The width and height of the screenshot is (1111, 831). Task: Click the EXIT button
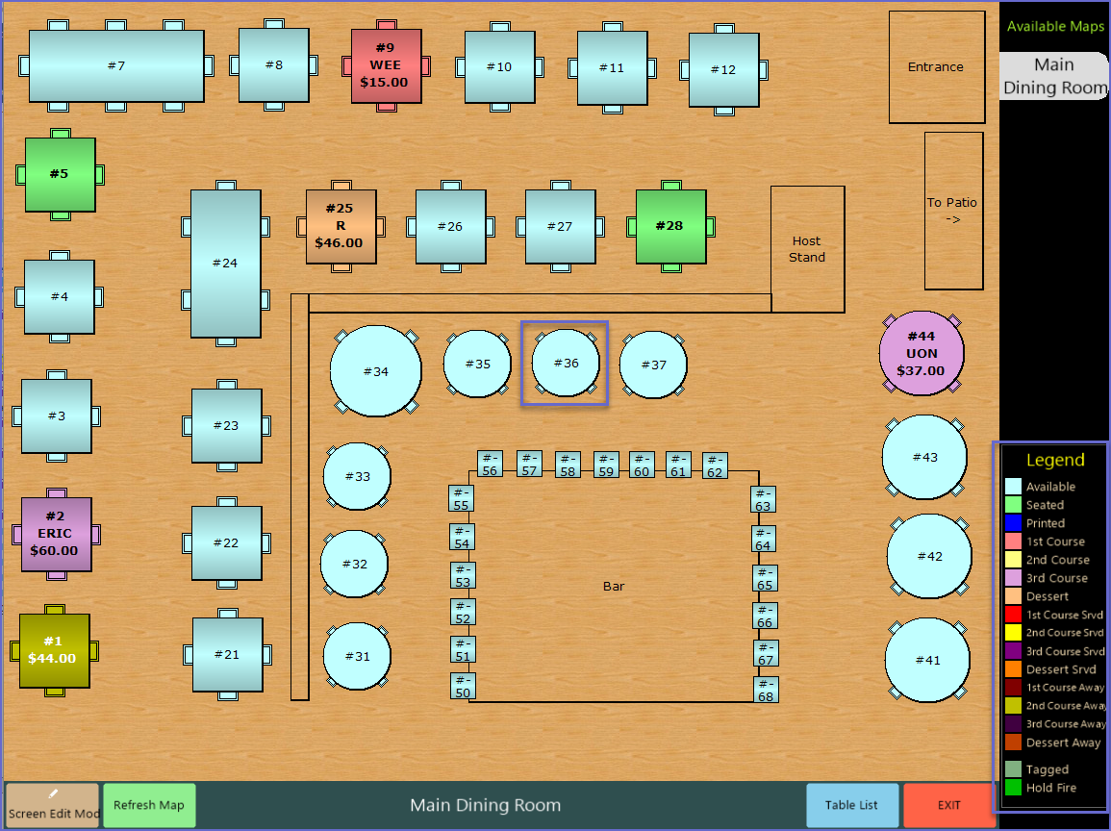pos(948,805)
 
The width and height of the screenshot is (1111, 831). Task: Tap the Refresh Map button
pos(149,805)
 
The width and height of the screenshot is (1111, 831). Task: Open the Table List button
pos(852,805)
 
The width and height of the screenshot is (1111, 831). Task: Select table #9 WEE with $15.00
pos(386,65)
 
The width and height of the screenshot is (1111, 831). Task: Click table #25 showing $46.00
pos(341,226)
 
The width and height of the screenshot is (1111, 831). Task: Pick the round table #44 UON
pos(921,353)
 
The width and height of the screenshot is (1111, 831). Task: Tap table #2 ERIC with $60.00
pos(57,534)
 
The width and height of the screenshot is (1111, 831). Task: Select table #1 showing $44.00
pos(54,650)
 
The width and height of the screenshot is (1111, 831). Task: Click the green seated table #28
pos(670,226)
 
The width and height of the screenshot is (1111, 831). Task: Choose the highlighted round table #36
pos(566,363)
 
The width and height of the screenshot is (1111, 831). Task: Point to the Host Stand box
pos(807,249)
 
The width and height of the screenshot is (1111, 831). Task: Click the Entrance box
pos(936,67)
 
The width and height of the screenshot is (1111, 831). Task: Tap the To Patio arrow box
pos(952,211)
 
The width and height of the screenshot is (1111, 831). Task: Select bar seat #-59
pos(605,466)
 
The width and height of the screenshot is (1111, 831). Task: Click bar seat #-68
pos(765,690)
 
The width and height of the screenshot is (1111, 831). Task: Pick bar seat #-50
pos(463,687)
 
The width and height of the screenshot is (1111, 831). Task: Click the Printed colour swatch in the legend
pos(1012,523)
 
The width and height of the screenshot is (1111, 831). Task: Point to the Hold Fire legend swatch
pos(1012,788)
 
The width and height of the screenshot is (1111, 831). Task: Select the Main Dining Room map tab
pos(1053,76)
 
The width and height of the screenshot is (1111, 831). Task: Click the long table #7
pos(116,65)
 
